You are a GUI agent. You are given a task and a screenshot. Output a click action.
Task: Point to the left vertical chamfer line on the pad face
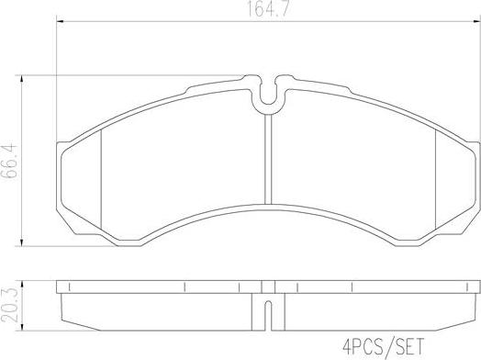pyautogui.click(x=98, y=174)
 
